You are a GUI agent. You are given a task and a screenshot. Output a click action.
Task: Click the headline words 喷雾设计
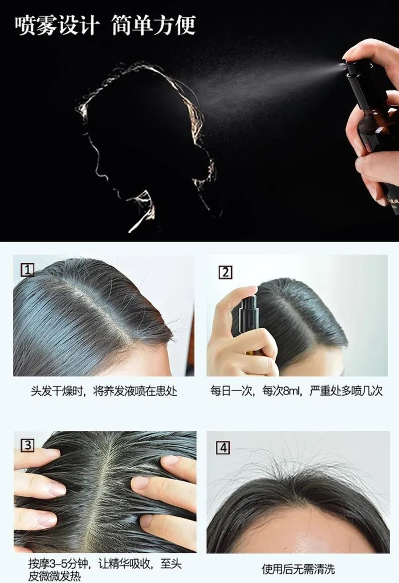[x=58, y=25]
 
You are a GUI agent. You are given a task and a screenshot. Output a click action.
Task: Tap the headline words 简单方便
[x=154, y=25]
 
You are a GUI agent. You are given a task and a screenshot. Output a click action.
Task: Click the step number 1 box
[x=27, y=270]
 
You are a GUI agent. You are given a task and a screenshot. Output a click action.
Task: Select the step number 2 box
[x=225, y=272]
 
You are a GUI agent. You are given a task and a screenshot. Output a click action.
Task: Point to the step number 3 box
[x=27, y=445]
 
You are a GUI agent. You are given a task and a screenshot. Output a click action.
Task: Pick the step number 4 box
[x=223, y=448]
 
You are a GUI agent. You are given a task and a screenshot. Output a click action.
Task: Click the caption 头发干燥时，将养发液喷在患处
[x=104, y=391]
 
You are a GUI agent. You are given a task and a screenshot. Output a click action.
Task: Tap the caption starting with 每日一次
[x=296, y=391]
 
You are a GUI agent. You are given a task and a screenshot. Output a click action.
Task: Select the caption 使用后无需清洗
[x=298, y=569]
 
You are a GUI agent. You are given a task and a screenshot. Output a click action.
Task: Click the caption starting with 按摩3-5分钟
[x=105, y=570]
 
